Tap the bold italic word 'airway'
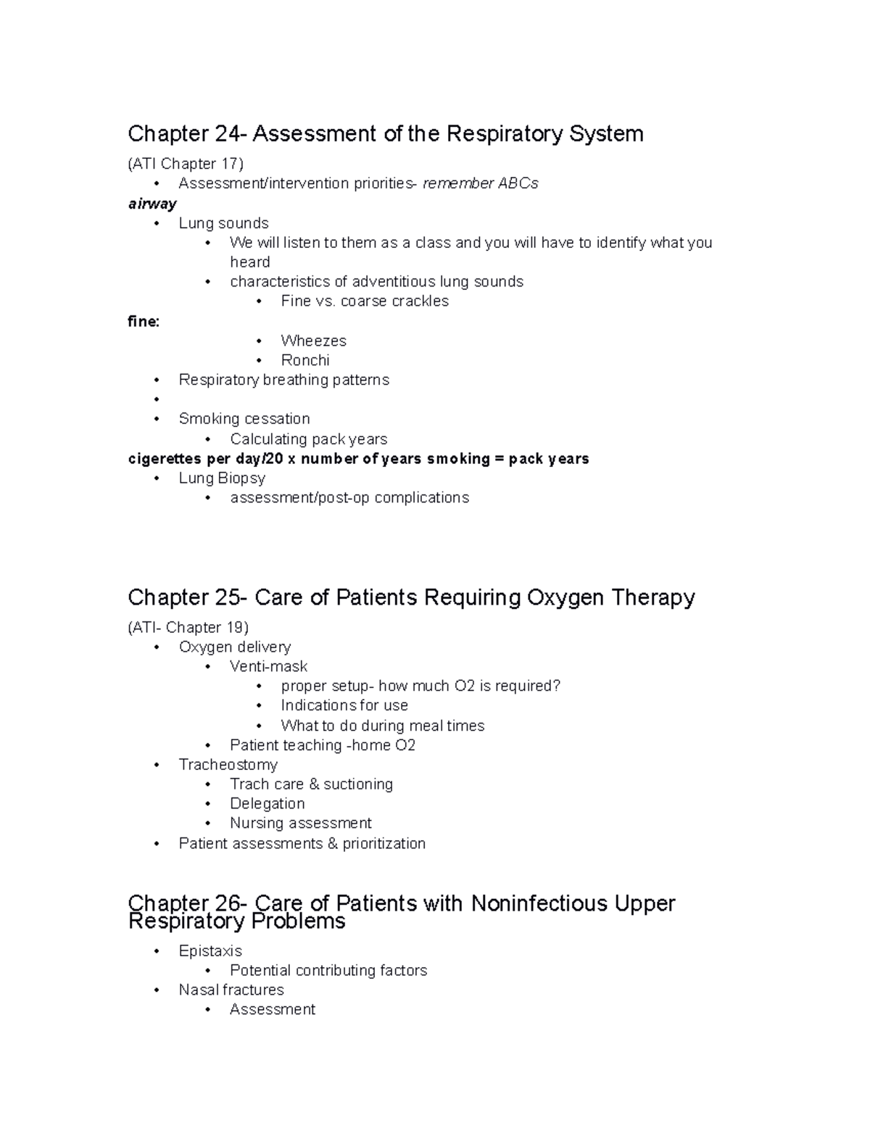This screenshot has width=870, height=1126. click(x=152, y=204)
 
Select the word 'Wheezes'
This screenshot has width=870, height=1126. click(x=313, y=341)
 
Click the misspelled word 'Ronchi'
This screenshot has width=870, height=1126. click(x=304, y=360)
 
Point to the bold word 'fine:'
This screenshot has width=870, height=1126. click(x=144, y=321)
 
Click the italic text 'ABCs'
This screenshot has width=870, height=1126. click(x=518, y=183)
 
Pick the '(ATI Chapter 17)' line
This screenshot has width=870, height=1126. click(x=186, y=164)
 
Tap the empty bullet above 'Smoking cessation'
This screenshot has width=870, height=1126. click(x=157, y=400)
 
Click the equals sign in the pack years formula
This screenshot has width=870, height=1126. click(x=499, y=459)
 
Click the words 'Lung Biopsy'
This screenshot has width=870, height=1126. click(x=222, y=479)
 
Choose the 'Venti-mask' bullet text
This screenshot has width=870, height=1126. click(x=268, y=666)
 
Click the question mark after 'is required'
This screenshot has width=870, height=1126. click(x=556, y=686)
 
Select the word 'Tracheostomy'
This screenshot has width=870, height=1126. click(x=228, y=765)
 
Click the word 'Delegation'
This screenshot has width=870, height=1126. click(x=267, y=804)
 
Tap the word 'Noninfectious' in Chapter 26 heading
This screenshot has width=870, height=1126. click(x=539, y=903)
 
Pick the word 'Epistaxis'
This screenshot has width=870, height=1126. click(x=210, y=951)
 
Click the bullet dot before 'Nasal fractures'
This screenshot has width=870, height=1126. click(x=157, y=991)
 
